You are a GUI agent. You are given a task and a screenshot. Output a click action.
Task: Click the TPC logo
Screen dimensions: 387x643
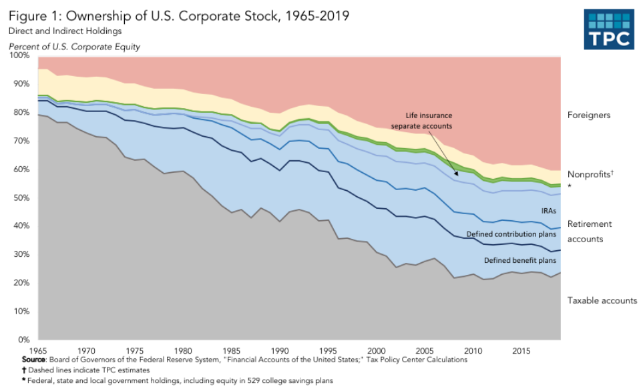pos(608,29)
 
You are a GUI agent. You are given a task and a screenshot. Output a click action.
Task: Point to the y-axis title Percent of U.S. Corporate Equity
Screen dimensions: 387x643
pos(74,46)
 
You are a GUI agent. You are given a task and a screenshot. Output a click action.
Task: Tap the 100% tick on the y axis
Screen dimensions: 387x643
pos(19,55)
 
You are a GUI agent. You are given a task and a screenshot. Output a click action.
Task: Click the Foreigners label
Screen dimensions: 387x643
pos(589,115)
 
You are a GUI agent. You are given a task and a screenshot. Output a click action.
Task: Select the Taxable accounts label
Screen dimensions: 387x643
pos(602,301)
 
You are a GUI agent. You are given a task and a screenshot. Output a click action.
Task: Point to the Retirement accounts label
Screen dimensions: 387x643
pos(590,232)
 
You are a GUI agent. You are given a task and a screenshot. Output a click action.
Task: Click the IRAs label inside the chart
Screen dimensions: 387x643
pos(530,210)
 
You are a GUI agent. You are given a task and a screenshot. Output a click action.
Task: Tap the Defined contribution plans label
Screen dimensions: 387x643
pos(511,234)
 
